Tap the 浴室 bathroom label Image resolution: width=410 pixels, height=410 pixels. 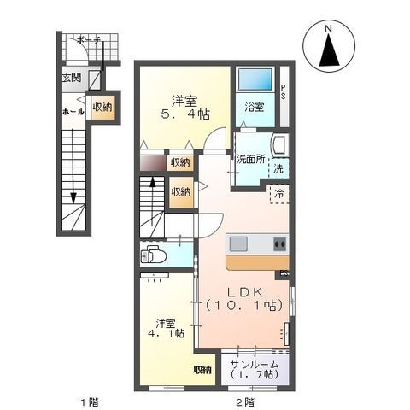(x=253, y=108)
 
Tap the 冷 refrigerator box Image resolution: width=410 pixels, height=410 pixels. (x=279, y=193)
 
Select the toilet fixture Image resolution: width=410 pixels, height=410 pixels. (x=155, y=254)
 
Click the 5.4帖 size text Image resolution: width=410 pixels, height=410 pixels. (x=181, y=113)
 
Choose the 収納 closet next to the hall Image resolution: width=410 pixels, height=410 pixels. (x=102, y=108)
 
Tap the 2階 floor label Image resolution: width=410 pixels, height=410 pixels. (x=244, y=401)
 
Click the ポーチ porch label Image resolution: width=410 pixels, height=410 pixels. (x=85, y=40)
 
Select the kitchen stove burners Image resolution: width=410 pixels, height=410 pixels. (x=278, y=244)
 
